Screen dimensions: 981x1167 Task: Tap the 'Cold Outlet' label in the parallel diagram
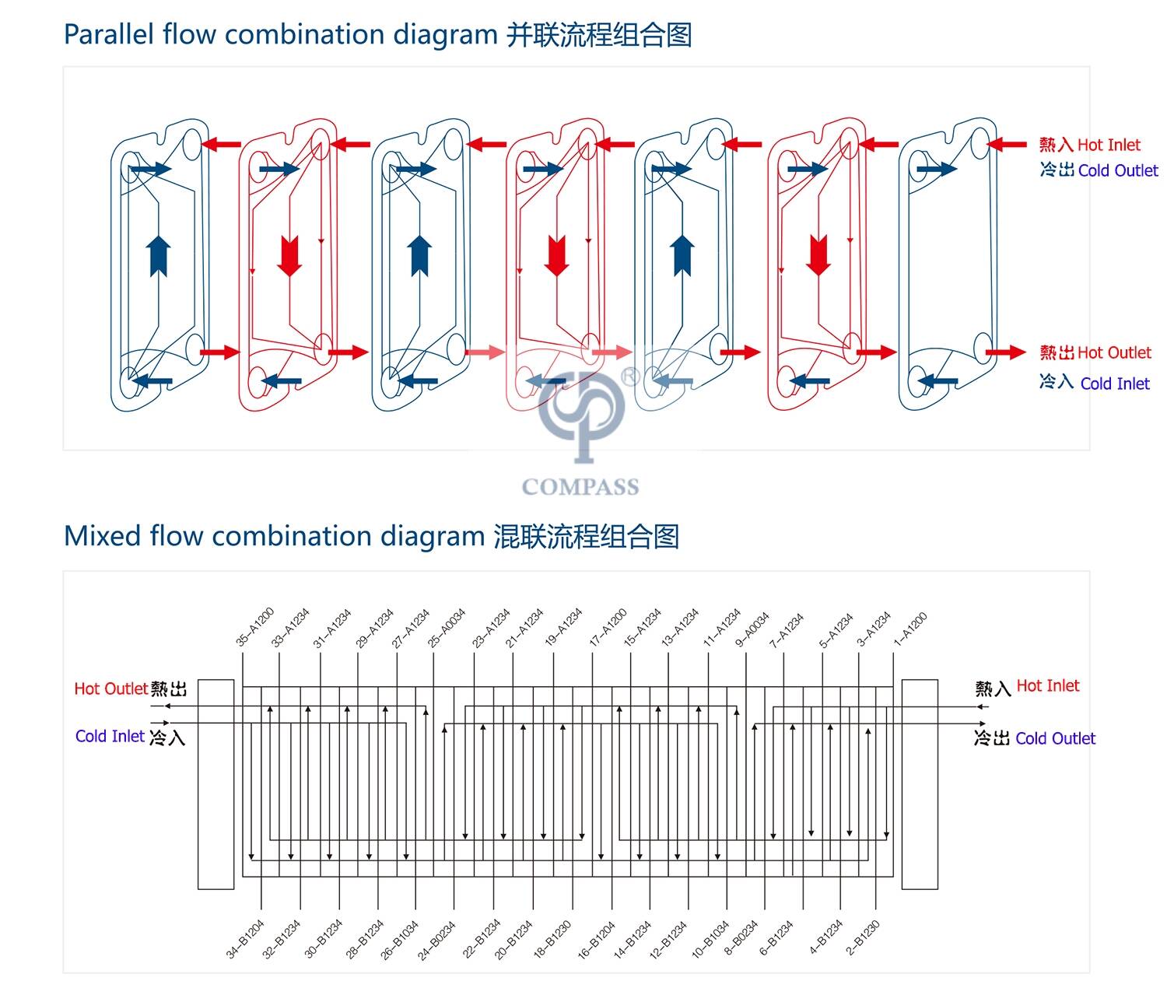(x=1117, y=170)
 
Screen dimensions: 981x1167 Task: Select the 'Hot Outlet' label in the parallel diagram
(x=1113, y=352)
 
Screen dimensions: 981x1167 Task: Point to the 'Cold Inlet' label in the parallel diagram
(x=1114, y=384)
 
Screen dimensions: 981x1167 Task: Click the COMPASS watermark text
(x=580, y=487)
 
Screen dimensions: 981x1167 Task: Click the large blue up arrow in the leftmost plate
(x=159, y=255)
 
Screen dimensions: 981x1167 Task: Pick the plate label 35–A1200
(x=255, y=627)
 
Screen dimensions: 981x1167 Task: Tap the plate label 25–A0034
(x=447, y=627)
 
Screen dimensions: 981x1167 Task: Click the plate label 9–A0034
(x=752, y=629)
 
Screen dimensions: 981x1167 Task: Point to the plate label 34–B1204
(x=246, y=939)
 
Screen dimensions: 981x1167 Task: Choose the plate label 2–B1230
(x=863, y=937)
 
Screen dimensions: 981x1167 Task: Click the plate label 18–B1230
(x=552, y=938)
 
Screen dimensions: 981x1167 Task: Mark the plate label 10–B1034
(x=710, y=938)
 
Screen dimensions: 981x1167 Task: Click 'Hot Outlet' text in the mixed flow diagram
(x=110, y=688)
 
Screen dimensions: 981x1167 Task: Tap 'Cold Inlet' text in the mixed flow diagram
(x=110, y=736)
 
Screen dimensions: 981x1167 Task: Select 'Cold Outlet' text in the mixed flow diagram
(x=1055, y=738)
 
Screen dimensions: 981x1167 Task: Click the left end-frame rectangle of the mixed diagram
(x=216, y=783)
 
